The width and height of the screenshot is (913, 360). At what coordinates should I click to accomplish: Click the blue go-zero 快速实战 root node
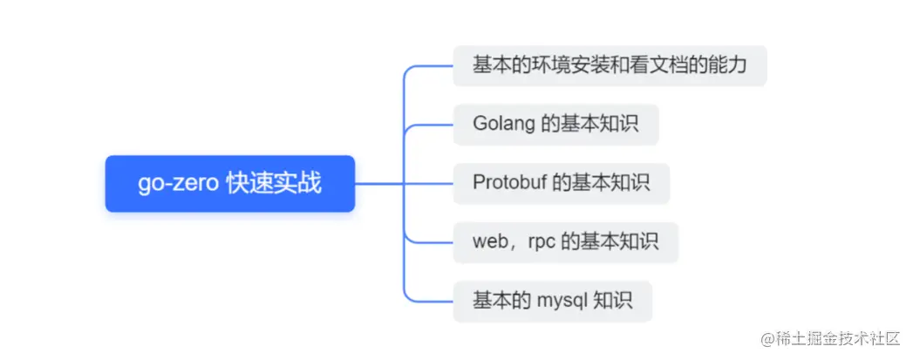(x=229, y=184)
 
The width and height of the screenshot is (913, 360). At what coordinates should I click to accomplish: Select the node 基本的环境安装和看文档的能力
(x=610, y=65)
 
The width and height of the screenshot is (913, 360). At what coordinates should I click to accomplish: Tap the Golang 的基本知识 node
(x=555, y=124)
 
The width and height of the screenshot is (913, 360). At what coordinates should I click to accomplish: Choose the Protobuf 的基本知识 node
(x=561, y=183)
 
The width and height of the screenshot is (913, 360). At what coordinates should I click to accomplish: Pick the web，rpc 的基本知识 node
(x=565, y=242)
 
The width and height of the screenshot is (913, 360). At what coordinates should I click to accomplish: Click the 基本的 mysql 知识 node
(x=552, y=302)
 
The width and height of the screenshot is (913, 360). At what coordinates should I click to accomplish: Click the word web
(x=490, y=242)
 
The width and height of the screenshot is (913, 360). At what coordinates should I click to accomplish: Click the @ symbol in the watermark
(x=768, y=337)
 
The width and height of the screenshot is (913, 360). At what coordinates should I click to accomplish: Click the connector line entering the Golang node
(x=432, y=124)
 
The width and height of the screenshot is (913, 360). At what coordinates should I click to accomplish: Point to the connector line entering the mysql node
(x=432, y=302)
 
